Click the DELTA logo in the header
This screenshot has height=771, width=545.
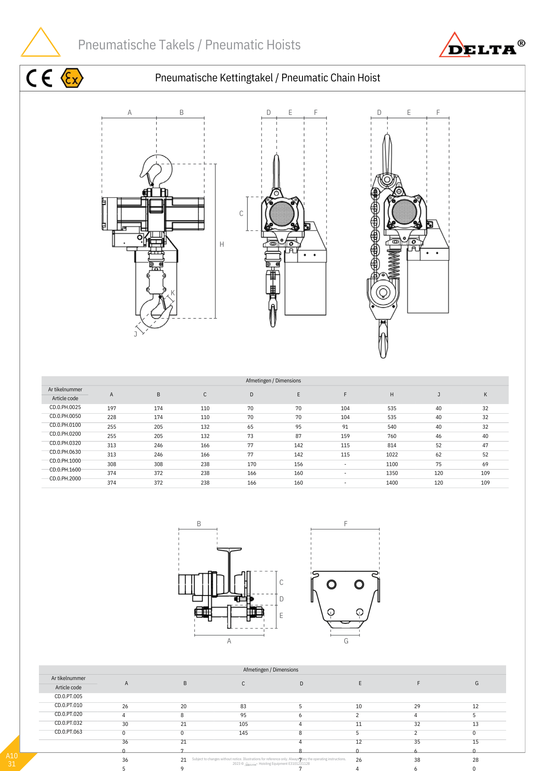(482, 46)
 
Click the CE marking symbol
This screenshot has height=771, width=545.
(39, 78)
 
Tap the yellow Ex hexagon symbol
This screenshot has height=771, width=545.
(72, 78)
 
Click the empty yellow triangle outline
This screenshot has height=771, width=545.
(40, 43)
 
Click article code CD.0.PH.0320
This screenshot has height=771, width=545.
(65, 443)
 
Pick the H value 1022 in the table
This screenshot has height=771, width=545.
(392, 455)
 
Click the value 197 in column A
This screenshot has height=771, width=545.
(111, 408)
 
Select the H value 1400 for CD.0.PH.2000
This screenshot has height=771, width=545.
(392, 483)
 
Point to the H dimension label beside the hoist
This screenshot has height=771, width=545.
(222, 244)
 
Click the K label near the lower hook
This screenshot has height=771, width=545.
(173, 293)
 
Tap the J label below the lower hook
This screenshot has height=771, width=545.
(135, 334)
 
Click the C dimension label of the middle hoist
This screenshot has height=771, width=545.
(241, 214)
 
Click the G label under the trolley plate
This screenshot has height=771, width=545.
(346, 641)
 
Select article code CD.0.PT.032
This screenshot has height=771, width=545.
(68, 723)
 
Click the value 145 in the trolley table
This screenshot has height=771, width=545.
(243, 733)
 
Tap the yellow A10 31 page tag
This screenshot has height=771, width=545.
(12, 759)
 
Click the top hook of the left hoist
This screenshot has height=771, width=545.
(156, 170)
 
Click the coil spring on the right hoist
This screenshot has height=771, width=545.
(394, 264)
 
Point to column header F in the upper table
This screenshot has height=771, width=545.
(345, 394)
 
